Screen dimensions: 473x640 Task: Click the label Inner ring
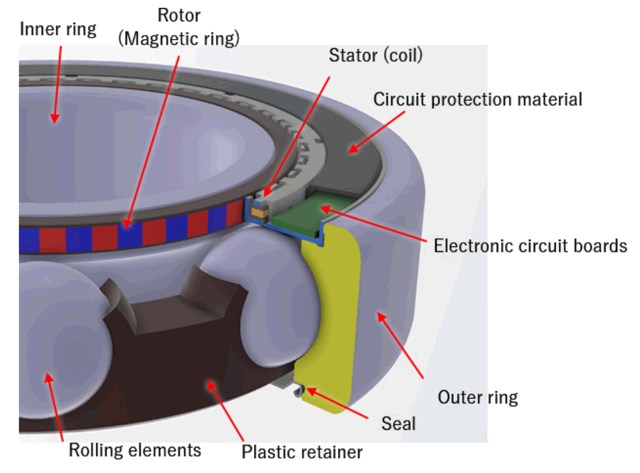pos(58,29)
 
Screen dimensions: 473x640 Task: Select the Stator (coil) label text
pos(376,55)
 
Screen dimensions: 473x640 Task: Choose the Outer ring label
pos(477,397)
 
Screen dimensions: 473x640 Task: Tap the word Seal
pos(398,423)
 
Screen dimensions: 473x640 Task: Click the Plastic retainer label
pos(302,451)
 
